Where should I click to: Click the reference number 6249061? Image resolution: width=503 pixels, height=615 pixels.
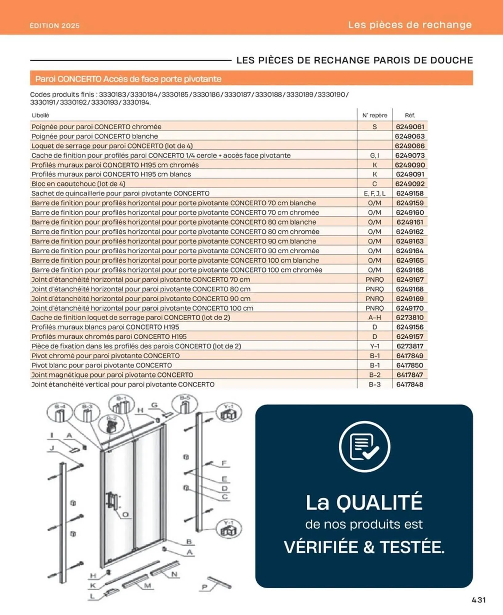[x=410, y=127]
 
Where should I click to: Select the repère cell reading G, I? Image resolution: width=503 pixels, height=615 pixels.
[x=374, y=155]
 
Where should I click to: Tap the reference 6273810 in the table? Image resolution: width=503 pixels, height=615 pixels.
[x=410, y=317]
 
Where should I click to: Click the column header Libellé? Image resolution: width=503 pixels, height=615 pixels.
[x=40, y=115]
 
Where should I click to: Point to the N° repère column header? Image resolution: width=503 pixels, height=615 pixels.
[x=374, y=115]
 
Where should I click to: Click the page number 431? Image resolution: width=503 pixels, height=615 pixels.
[x=479, y=600]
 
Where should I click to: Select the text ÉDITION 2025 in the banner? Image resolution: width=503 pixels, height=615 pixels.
[x=55, y=26]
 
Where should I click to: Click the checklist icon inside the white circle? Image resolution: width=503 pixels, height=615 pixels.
[x=364, y=446]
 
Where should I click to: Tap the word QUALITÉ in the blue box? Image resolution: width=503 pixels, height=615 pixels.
[x=379, y=502]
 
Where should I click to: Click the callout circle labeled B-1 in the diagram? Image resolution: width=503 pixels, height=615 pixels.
[x=122, y=404]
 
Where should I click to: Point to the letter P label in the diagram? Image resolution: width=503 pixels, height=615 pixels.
[x=204, y=587]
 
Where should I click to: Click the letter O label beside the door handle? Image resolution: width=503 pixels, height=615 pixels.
[x=125, y=515]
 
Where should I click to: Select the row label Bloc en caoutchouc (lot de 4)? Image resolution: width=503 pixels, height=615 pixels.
[x=78, y=184]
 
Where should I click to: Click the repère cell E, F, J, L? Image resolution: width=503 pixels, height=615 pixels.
[x=374, y=193]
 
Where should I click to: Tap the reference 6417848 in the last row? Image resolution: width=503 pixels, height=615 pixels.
[x=410, y=384]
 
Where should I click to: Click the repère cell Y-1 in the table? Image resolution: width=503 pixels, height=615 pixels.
[x=374, y=346]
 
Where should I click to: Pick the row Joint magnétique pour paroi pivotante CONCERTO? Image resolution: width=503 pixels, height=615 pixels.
[x=112, y=375]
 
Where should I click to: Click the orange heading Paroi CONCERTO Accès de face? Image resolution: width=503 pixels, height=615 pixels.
[x=128, y=79]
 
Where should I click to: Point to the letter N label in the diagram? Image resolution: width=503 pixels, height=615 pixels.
[x=174, y=574]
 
